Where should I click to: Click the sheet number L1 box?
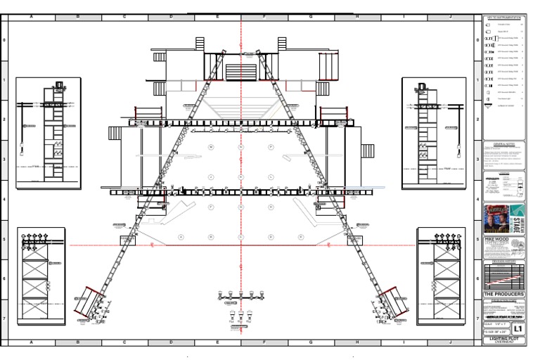point(517,328)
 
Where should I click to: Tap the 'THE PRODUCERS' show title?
point(503,295)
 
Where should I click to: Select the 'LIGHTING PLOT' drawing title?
point(503,339)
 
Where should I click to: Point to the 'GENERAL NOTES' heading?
point(503,143)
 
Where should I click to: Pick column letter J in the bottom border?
point(449,342)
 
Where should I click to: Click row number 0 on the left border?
point(5,40)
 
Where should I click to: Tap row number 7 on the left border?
point(5,318)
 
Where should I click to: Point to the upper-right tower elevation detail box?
point(434,133)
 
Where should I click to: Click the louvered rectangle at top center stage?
point(241,72)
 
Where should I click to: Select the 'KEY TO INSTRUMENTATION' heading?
point(503,16)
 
